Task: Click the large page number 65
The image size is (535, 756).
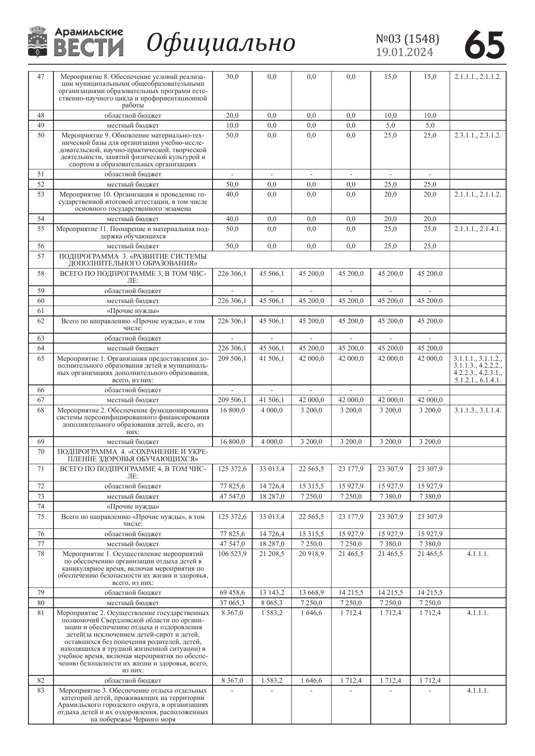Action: coord(485,44)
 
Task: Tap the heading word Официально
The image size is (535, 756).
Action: coord(221,43)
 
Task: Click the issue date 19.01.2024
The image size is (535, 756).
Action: coord(404,52)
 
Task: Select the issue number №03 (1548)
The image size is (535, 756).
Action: coord(407,39)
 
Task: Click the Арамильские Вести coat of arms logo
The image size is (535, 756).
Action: coord(38,42)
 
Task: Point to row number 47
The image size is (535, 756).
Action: coord(41,77)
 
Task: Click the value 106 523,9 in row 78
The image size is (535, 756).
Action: coord(232,553)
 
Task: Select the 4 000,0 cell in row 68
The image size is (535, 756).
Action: coord(272,410)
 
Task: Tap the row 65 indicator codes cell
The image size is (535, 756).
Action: coord(478,369)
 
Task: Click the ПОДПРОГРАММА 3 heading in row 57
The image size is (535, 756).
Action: coord(133,259)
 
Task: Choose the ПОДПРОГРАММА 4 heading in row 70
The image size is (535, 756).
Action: coord(133,455)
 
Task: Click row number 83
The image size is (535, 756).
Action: coord(41,690)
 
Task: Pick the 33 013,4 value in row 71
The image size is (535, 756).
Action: coord(272,469)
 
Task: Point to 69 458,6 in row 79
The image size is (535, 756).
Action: coord(232,592)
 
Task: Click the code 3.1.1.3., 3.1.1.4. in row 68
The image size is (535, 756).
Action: coord(478,410)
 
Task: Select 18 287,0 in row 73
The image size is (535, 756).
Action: coord(272,496)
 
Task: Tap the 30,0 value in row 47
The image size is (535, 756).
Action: coord(232,77)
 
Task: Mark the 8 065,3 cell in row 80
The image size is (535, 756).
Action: coord(272,603)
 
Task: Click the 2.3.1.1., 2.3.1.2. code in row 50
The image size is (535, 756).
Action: coord(478,135)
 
